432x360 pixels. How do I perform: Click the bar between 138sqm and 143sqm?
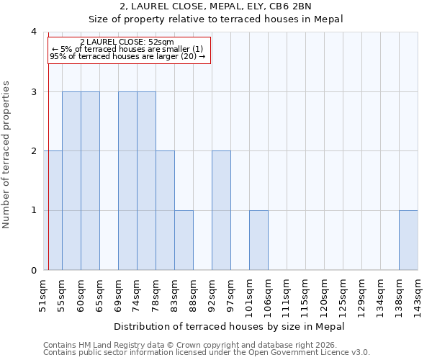[408, 240]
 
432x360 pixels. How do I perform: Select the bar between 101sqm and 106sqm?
[258, 240]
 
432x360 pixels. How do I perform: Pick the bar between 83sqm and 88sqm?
[184, 240]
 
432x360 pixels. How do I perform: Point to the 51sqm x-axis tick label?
[43, 295]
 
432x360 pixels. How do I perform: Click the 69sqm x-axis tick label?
[118, 295]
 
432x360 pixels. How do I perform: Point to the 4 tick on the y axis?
[33, 32]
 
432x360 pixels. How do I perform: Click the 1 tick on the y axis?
[33, 210]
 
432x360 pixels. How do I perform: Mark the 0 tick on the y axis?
[33, 270]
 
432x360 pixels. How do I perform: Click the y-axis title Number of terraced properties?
[7, 155]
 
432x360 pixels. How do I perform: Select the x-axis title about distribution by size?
[230, 326]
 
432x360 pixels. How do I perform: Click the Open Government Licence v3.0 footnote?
[207, 353]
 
